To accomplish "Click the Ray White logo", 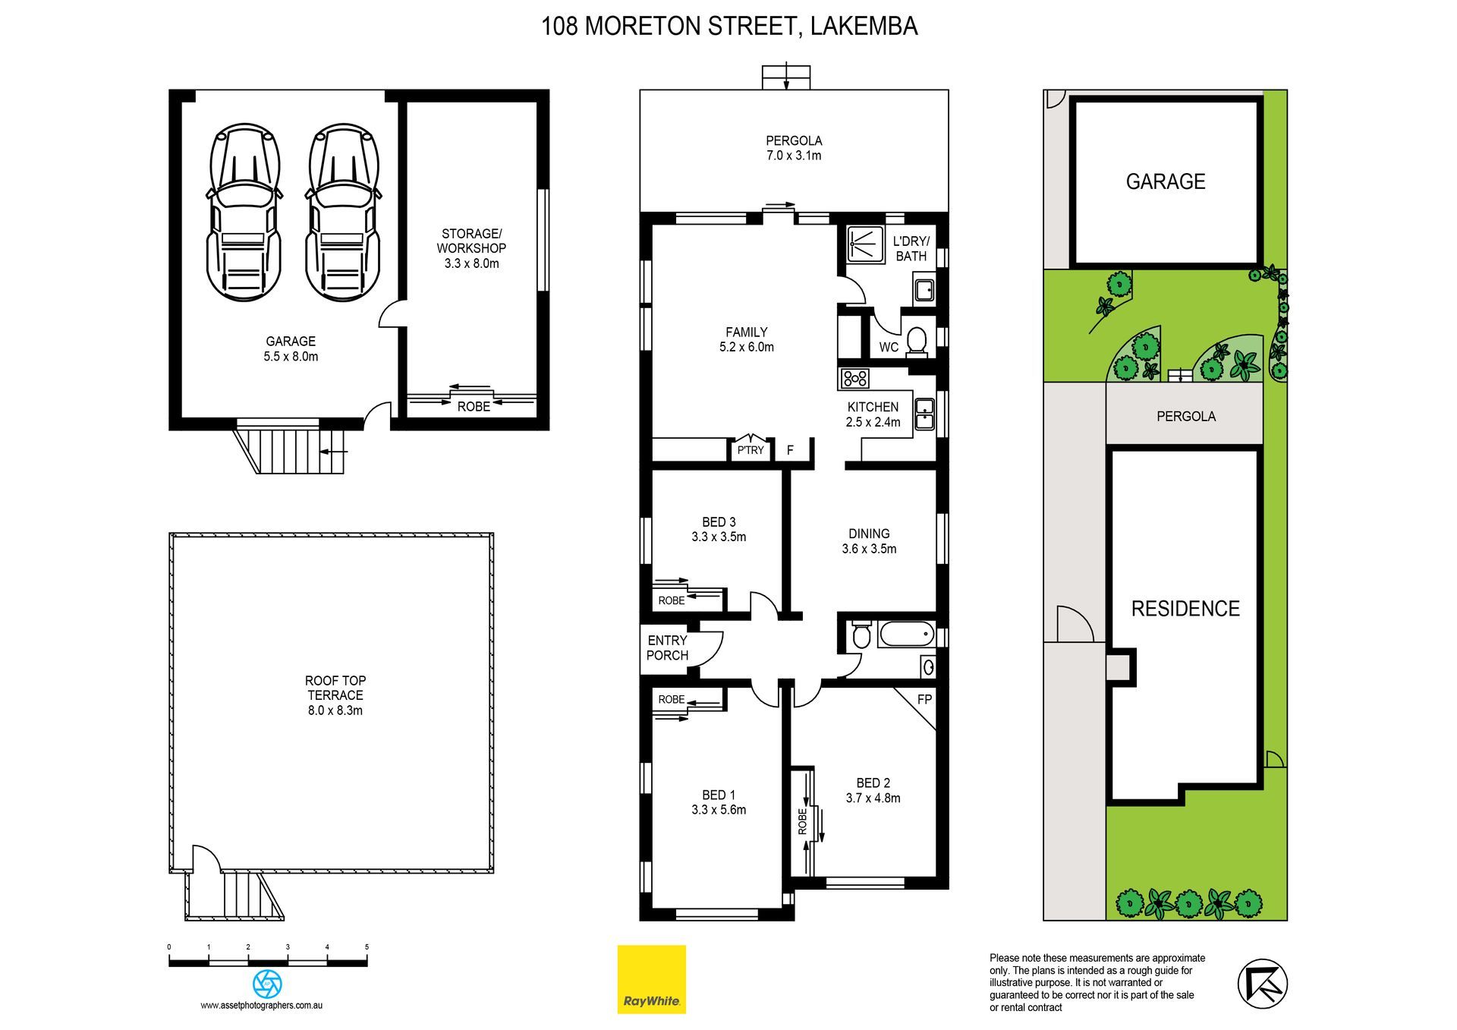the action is [651, 978].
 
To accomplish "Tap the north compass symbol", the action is [1263, 984].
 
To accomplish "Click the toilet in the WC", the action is [917, 341].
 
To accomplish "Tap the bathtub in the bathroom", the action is [906, 634].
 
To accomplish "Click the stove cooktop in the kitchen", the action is [854, 377].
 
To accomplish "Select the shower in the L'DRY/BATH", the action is [865, 244].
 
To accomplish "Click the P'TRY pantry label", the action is [751, 450].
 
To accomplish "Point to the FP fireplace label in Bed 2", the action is [924, 699].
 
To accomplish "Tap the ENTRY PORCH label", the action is [668, 647].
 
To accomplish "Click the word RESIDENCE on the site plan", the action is [1185, 609].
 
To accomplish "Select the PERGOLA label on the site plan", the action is [1186, 416].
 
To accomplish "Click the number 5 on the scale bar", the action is [367, 947].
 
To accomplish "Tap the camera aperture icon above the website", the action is [267, 984].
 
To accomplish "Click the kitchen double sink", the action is [924, 414].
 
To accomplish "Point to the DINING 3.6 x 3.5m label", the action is [869, 541].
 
